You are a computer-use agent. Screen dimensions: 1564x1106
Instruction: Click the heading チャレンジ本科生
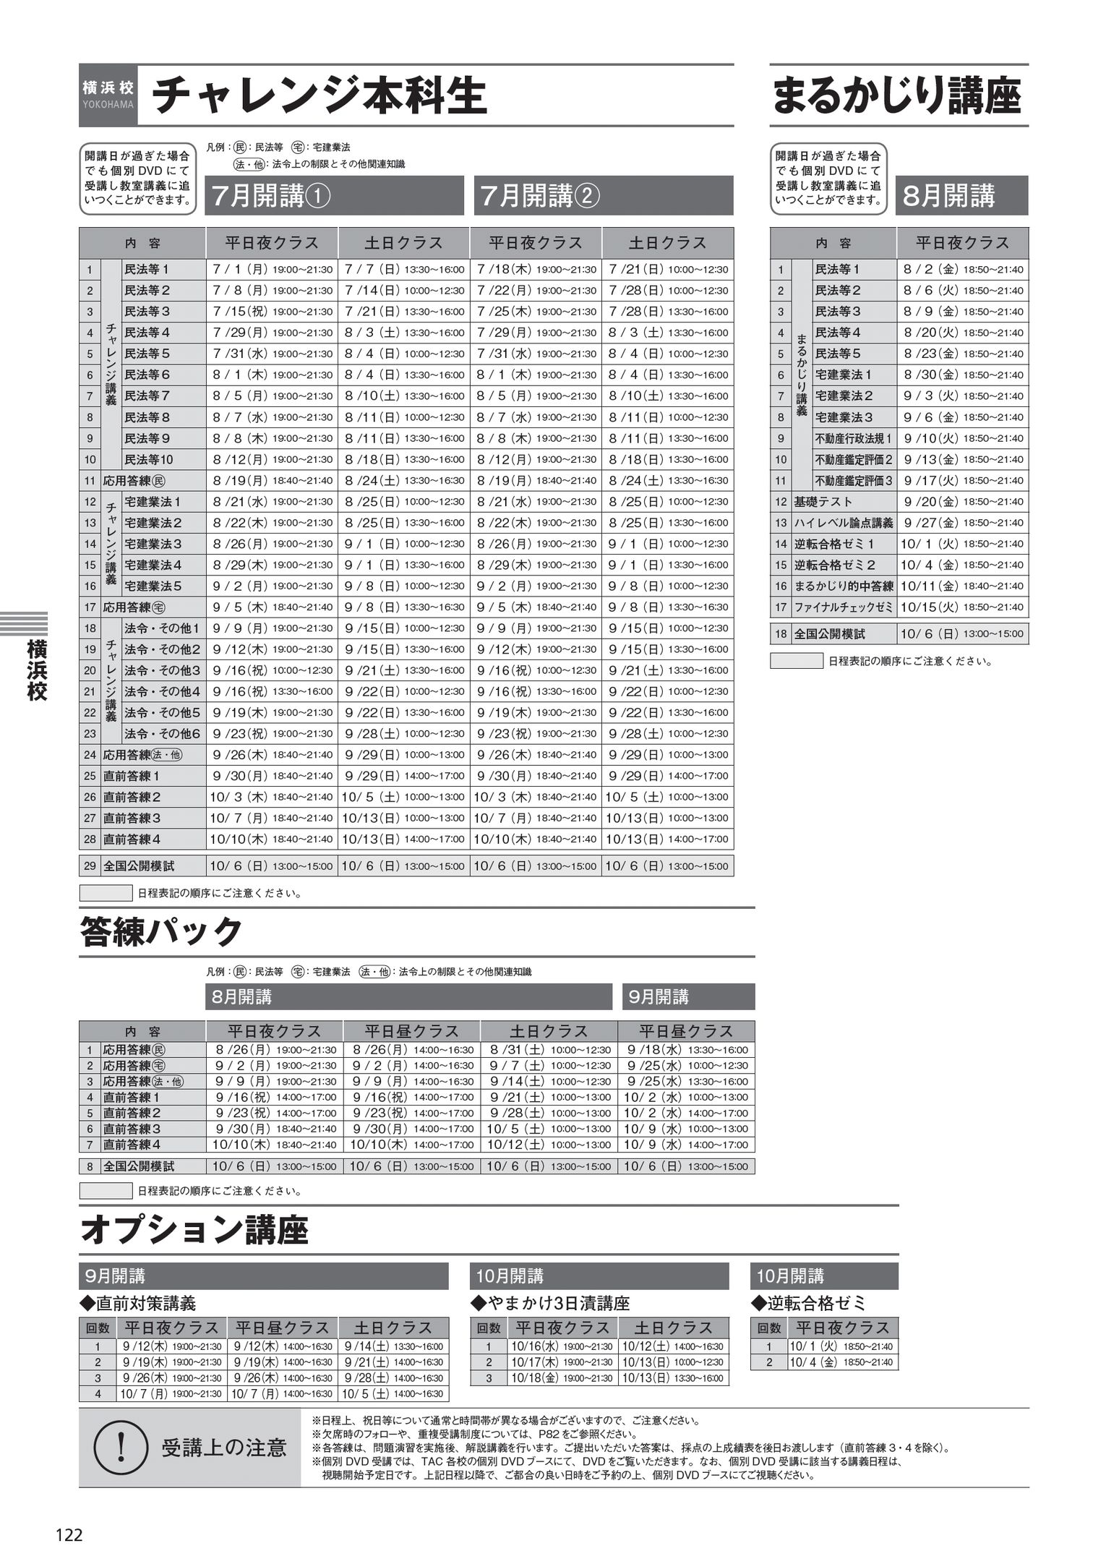(x=318, y=96)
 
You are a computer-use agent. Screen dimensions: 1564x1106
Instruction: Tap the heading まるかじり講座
(x=896, y=96)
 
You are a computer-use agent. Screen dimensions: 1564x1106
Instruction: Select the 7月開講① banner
(x=334, y=196)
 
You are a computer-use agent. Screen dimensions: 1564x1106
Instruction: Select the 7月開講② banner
(x=604, y=196)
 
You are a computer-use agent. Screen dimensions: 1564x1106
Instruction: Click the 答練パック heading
(x=161, y=931)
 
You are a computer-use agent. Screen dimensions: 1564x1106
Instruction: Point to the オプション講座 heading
(x=194, y=1229)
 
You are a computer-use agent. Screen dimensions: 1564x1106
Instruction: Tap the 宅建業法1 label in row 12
(x=153, y=502)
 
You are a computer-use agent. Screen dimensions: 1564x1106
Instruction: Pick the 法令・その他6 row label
(x=162, y=734)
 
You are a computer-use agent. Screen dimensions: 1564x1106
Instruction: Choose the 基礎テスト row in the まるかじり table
(x=823, y=502)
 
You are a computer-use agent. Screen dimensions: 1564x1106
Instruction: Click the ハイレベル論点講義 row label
(x=844, y=523)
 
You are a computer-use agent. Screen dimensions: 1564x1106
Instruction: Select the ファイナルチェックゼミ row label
(x=844, y=607)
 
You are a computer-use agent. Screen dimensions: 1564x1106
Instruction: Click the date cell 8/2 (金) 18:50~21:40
(x=962, y=270)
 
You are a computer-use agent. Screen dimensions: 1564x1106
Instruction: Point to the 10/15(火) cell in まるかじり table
(x=962, y=607)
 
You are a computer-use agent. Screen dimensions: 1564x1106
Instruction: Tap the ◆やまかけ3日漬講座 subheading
(x=550, y=1303)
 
